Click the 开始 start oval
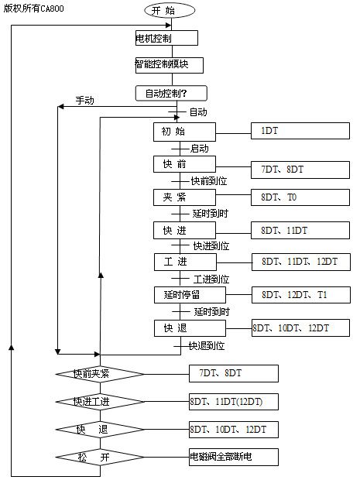pyautogui.click(x=170, y=10)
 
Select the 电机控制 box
pyautogui.click(x=166, y=38)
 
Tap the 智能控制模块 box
pyautogui.click(x=170, y=65)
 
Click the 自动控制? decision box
pyautogui.click(x=171, y=94)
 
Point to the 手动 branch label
pyautogui.click(x=85, y=101)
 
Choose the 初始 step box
pyautogui.click(x=184, y=132)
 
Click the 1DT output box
pyautogui.click(x=300, y=131)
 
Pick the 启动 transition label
pyautogui.click(x=199, y=149)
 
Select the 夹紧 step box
pyautogui.click(x=184, y=197)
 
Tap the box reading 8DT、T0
pyautogui.click(x=300, y=197)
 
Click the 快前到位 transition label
pyautogui.click(x=209, y=181)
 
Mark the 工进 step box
pyautogui.click(x=185, y=262)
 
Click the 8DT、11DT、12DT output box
pyautogui.click(x=301, y=262)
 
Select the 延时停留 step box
pyautogui.click(x=190, y=295)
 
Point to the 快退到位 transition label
pyautogui.click(x=207, y=346)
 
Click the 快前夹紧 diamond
pyautogui.click(x=100, y=374)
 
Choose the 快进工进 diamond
pyautogui.click(x=100, y=402)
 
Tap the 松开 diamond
pyautogui.click(x=100, y=457)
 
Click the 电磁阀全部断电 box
pyautogui.click(x=234, y=457)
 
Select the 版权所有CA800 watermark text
pyautogui.click(x=33, y=9)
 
